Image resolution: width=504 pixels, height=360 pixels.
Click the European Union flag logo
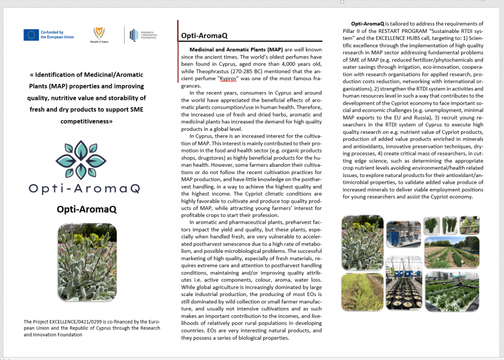tap(31, 35)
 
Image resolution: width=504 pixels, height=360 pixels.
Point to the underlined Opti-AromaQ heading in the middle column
tap(204, 36)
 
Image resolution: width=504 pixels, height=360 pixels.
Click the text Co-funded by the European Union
tap(57, 35)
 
